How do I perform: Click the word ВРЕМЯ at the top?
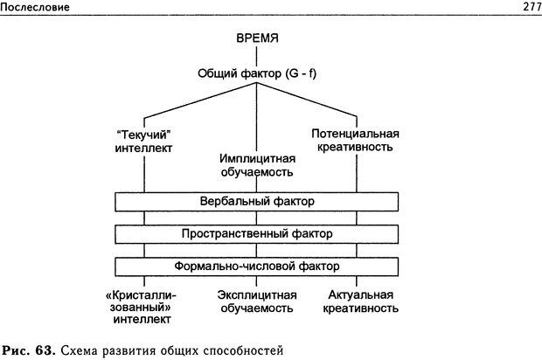tap(256, 41)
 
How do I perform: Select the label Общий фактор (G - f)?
tap(256, 73)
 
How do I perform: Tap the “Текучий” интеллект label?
tap(142, 141)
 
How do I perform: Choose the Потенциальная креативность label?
tap(355, 141)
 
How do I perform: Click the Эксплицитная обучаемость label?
tap(255, 301)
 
